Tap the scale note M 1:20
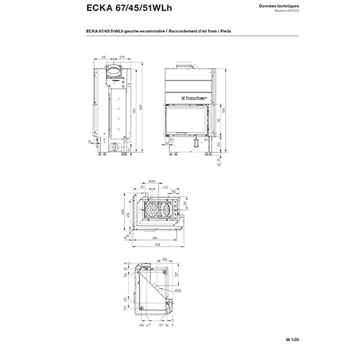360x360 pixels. [x=329, y=339]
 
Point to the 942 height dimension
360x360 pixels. [x=139, y=106]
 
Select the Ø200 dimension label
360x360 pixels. [x=151, y=181]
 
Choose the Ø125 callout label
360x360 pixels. [x=178, y=290]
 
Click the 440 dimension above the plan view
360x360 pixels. [x=167, y=187]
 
